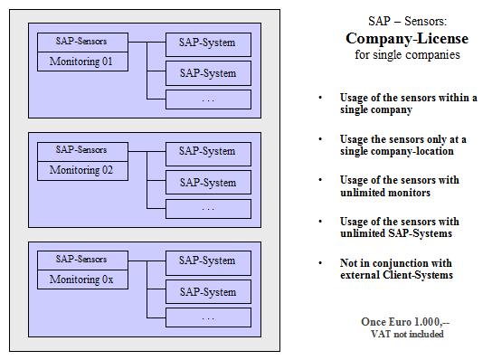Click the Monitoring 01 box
click(80, 62)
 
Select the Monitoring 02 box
click(80, 169)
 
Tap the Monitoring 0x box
click(80, 279)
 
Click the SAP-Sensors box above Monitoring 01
click(80, 42)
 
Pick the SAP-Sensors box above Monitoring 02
click(80, 150)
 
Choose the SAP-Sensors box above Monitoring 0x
click(80, 260)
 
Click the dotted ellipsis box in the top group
click(208, 99)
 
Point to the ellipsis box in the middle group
click(208, 209)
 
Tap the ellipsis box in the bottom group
click(208, 318)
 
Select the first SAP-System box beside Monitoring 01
click(208, 43)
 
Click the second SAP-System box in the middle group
click(208, 183)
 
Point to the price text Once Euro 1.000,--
click(406, 321)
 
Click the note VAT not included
click(406, 334)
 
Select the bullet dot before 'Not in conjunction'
click(319, 262)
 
